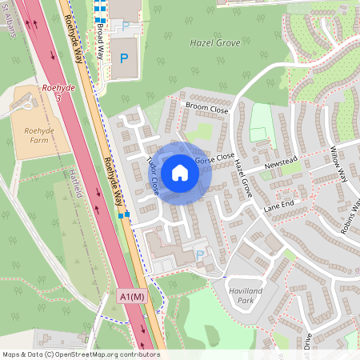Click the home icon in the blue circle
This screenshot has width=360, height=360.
(x=180, y=173)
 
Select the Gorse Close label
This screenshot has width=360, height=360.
(x=215, y=158)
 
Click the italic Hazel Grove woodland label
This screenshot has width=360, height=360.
(x=214, y=42)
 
